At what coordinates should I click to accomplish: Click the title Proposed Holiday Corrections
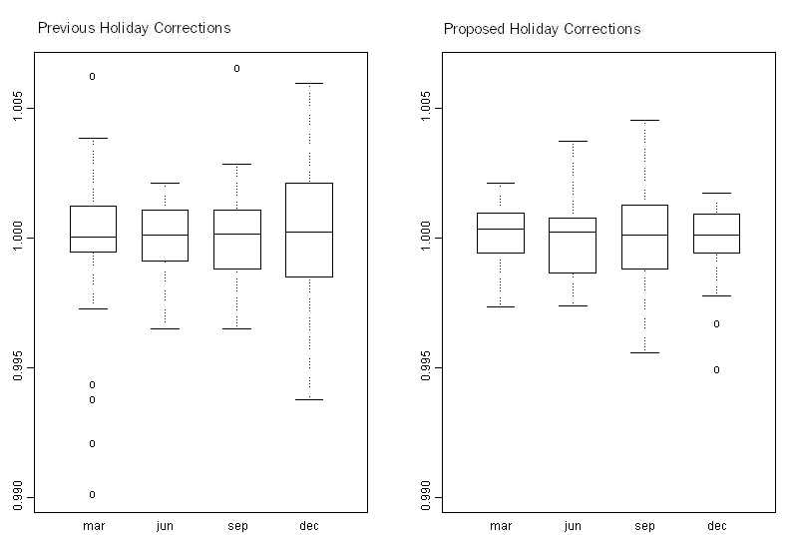(542, 28)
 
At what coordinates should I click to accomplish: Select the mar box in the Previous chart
(93, 229)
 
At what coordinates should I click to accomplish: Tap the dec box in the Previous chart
(309, 230)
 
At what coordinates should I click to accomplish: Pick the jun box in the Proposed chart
(573, 245)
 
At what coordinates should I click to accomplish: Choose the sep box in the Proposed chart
(644, 237)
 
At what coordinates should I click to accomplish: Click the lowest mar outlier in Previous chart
(93, 494)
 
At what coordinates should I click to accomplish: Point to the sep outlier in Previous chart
(236, 68)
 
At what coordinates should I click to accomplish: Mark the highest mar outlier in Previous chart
(93, 76)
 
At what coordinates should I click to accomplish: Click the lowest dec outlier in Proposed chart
(716, 369)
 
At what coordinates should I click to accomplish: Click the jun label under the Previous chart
(165, 526)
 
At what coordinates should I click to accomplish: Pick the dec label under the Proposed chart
(716, 526)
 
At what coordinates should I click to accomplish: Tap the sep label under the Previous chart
(236, 526)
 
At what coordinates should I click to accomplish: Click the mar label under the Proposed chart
(501, 526)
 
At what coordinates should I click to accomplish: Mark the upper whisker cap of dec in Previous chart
(309, 84)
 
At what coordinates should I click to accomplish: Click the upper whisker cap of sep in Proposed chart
(644, 120)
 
